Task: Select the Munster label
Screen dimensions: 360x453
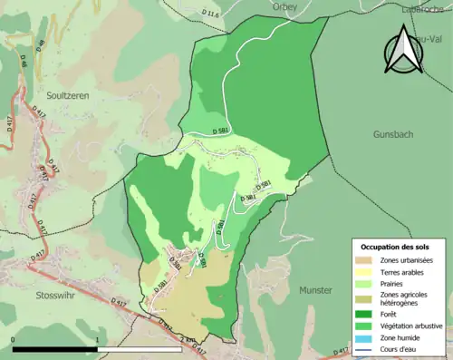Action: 317,291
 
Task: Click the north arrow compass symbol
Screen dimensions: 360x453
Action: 405,50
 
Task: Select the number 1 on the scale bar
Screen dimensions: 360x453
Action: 97,339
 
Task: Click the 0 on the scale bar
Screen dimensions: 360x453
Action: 14,339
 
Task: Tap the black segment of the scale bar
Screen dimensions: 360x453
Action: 55,349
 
